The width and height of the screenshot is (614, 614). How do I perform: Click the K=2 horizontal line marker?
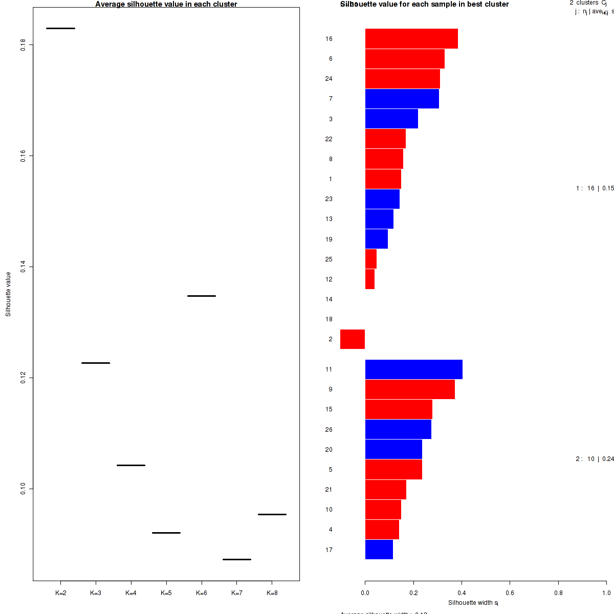(60, 28)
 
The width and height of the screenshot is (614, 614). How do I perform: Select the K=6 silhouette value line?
(201, 296)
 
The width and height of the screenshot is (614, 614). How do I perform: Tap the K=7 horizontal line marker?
(236, 559)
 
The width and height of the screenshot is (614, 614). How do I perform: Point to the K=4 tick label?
(131, 593)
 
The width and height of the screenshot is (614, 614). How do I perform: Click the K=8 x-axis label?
(272, 593)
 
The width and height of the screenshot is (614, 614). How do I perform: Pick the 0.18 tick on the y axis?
(24, 45)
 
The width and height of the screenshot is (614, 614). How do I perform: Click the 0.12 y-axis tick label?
(24, 378)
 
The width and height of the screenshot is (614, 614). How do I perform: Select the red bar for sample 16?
(411, 38)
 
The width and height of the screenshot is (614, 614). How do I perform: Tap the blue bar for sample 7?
(402, 99)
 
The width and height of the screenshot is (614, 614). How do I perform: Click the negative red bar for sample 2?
(353, 339)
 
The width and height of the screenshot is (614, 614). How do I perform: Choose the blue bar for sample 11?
(413, 369)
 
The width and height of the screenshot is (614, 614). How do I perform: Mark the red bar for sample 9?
(410, 389)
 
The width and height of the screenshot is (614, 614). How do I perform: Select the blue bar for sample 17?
(379, 550)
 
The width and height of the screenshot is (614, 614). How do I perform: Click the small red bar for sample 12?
(370, 279)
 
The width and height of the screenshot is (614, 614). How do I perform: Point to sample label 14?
(329, 299)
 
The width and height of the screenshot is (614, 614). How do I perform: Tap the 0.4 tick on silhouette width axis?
(462, 593)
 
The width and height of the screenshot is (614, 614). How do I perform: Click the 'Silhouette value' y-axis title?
(8, 294)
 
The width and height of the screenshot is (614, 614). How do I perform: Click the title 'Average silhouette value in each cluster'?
(166, 4)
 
